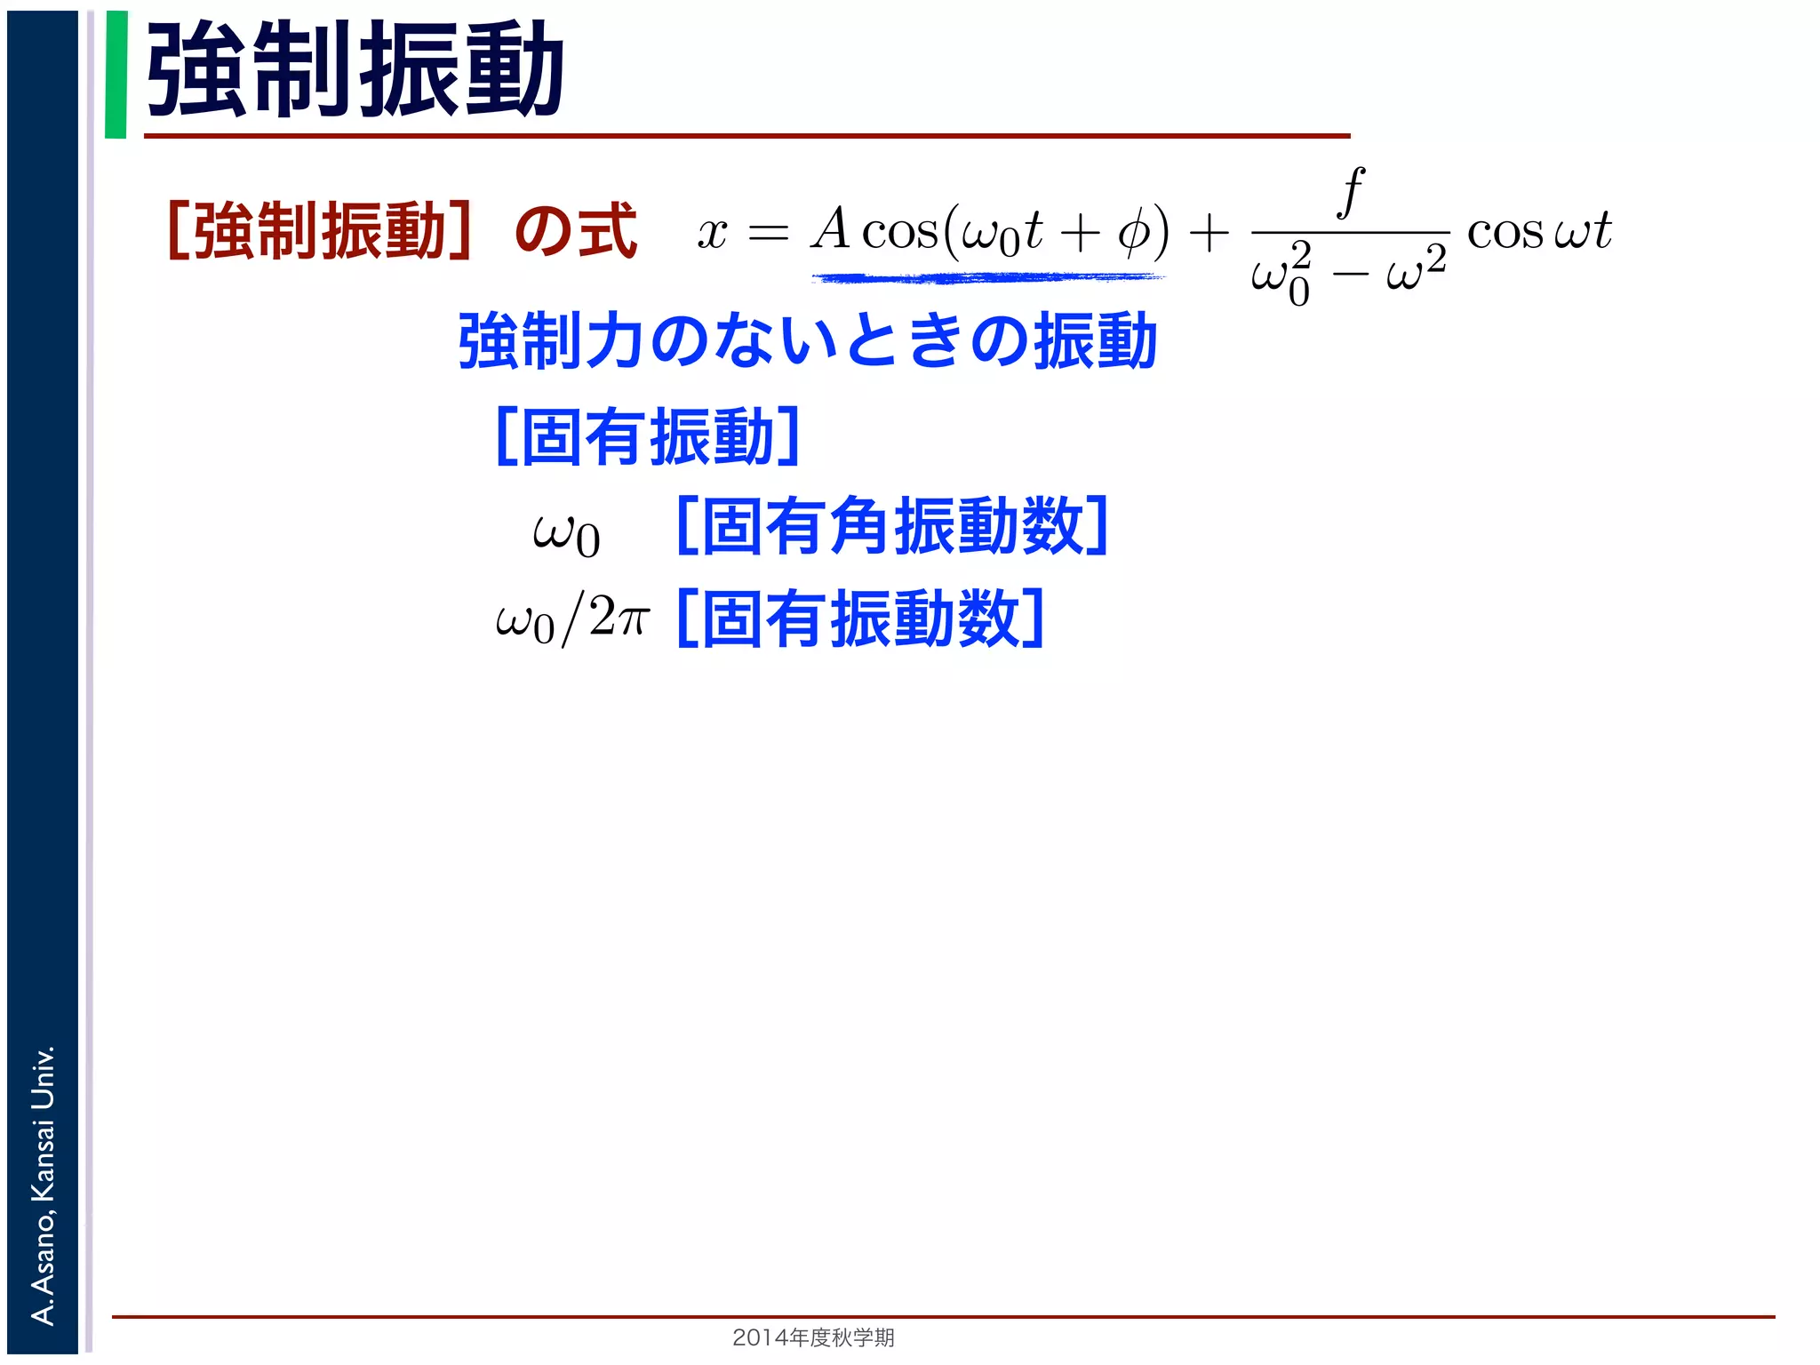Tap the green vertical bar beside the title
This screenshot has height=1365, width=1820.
(116, 75)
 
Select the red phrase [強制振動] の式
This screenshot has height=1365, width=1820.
(402, 231)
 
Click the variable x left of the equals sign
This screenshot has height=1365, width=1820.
(712, 233)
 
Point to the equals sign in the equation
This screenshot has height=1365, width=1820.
(768, 234)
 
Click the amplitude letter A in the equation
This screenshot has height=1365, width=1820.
(831, 229)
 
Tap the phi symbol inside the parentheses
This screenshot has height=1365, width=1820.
(1133, 233)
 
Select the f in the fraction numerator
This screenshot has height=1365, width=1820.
(1351, 192)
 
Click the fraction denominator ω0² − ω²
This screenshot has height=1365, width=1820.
(1348, 274)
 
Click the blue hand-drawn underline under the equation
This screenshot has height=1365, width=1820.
(986, 278)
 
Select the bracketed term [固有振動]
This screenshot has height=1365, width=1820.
(648, 436)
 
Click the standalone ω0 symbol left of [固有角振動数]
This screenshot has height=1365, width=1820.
(566, 533)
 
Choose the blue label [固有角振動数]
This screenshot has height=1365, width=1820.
(892, 526)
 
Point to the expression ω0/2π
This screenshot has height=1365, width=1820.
(573, 619)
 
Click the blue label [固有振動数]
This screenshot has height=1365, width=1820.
(860, 619)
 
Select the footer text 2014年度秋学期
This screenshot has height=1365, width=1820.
(813, 1337)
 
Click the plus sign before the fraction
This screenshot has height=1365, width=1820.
(1209, 234)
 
